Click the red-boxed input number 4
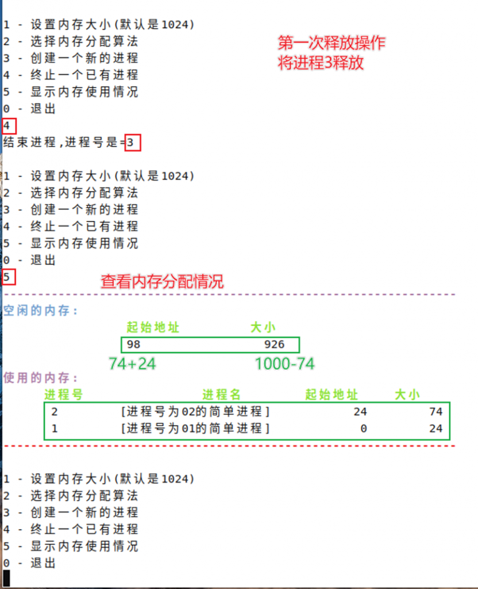point(7,126)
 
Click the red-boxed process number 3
point(130,143)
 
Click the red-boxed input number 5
point(6,277)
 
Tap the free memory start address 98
point(133,345)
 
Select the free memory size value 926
point(274,345)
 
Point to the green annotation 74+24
point(132,364)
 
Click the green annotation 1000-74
point(285,364)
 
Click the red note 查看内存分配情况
point(162,282)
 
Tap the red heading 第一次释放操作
point(331,43)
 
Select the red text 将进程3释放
point(321,63)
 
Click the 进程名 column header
point(221,395)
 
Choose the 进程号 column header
point(63,395)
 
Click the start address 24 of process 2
point(360,412)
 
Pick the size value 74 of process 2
point(436,412)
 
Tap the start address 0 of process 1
point(364,429)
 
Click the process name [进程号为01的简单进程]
point(195,428)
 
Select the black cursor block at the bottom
point(6,578)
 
